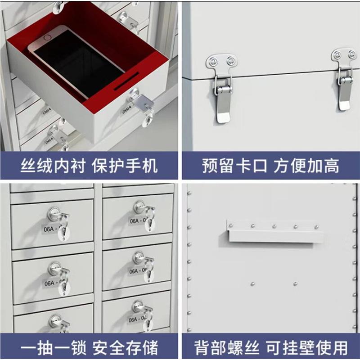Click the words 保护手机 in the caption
coord(125,166)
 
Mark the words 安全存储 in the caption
coord(125,347)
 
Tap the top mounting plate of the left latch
coord(221,60)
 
